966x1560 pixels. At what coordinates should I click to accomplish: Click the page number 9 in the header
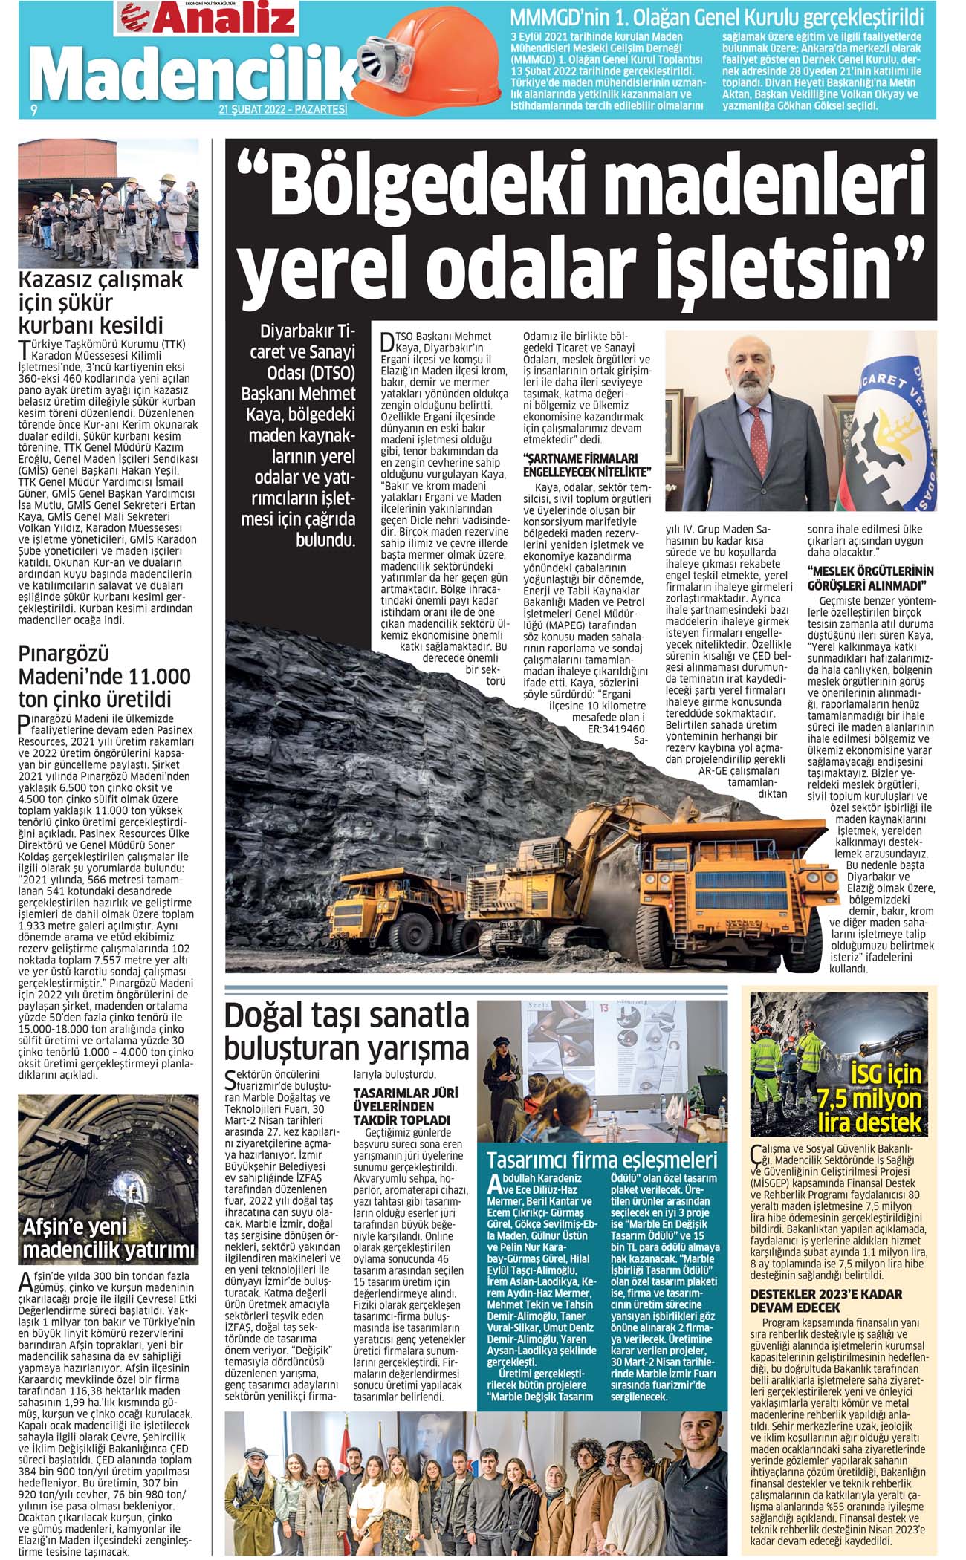[33, 111]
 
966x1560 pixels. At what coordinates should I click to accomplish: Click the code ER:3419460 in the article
[616, 729]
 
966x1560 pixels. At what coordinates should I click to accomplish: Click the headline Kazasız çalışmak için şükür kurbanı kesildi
[101, 302]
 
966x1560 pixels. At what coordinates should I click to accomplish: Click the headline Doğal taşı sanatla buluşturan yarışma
[346, 1031]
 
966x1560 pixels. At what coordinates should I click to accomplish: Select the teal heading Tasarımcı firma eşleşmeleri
[602, 1160]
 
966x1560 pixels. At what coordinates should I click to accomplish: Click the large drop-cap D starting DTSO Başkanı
[386, 342]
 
